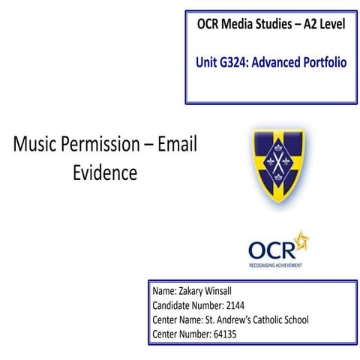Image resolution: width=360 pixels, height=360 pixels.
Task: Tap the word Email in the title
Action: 178,145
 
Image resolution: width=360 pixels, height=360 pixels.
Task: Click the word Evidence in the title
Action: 105,173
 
